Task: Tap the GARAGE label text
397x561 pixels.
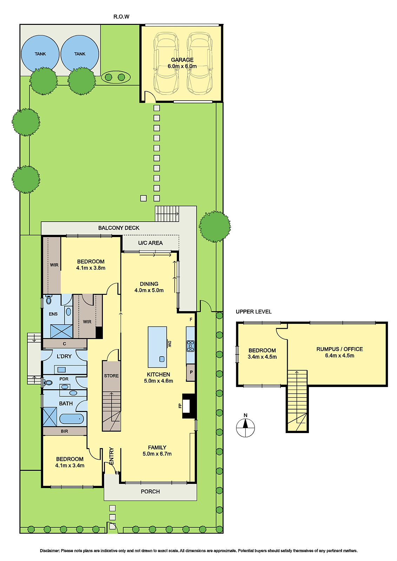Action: click(x=182, y=60)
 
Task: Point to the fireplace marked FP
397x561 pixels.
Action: click(x=186, y=406)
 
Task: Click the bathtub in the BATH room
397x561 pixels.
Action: click(x=72, y=419)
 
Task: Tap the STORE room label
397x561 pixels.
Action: click(x=111, y=376)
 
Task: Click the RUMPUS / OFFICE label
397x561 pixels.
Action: click(x=339, y=349)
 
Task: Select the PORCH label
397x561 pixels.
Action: click(x=150, y=492)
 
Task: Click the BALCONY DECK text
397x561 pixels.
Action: click(x=119, y=228)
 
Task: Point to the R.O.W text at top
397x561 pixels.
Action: click(x=121, y=16)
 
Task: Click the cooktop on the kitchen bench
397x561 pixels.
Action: click(x=190, y=346)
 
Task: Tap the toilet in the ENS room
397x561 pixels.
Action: click(x=48, y=300)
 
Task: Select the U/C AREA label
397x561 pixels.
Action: click(x=150, y=243)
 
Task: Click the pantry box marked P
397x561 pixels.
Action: click(x=191, y=372)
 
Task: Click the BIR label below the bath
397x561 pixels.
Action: click(x=64, y=431)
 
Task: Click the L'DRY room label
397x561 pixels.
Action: click(x=64, y=356)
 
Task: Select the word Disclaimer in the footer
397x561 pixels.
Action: click(x=49, y=551)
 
